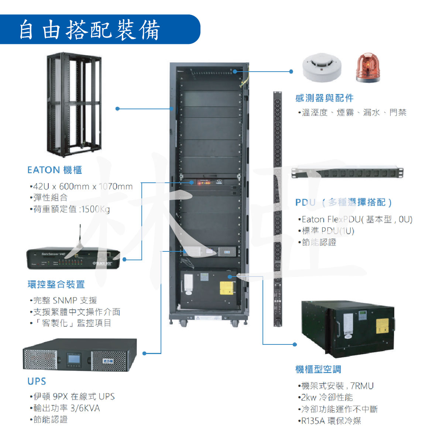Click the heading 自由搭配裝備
click(x=90, y=30)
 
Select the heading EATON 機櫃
click(x=55, y=170)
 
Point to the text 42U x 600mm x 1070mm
click(x=83, y=186)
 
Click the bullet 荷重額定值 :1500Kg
click(x=71, y=209)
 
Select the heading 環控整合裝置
click(x=56, y=284)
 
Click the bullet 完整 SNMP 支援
click(x=65, y=301)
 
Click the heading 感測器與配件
click(x=325, y=98)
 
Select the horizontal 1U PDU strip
click(x=347, y=173)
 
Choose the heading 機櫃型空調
click(x=318, y=369)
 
